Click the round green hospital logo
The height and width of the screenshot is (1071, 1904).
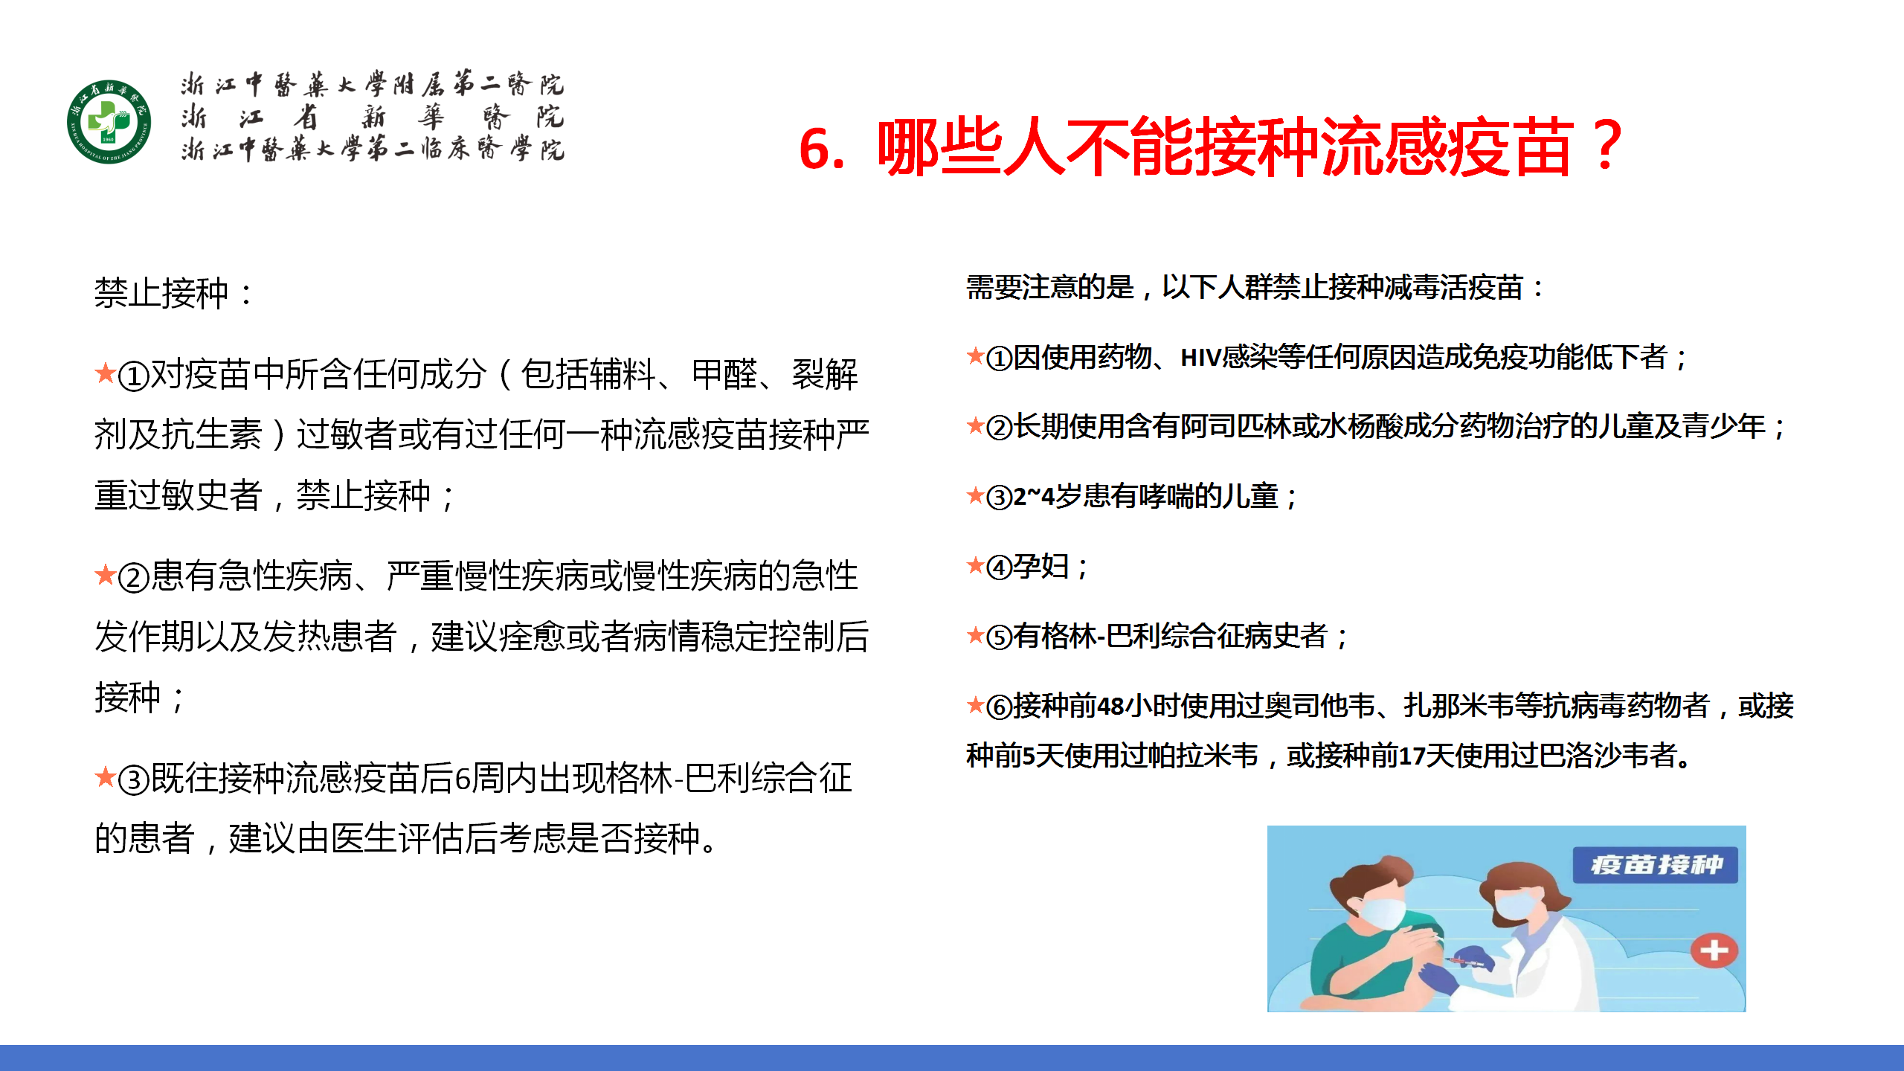click(109, 122)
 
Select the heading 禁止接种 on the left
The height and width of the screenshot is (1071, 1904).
click(161, 292)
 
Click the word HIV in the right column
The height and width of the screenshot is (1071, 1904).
click(1201, 358)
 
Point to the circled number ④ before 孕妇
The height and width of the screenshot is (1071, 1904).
click(999, 568)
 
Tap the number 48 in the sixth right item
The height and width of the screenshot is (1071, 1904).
click(1110, 706)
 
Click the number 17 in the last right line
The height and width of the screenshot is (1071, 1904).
click(1412, 756)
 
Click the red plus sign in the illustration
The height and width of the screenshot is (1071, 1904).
click(1714, 951)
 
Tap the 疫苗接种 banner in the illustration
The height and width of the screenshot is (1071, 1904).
click(1656, 865)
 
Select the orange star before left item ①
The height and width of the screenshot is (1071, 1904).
click(105, 372)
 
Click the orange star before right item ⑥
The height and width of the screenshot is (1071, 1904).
click(975, 704)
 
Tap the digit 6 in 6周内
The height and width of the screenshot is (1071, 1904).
click(463, 779)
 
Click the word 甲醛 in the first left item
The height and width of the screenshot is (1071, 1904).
click(724, 373)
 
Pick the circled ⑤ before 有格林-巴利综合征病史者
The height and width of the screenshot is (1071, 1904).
click(999, 637)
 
